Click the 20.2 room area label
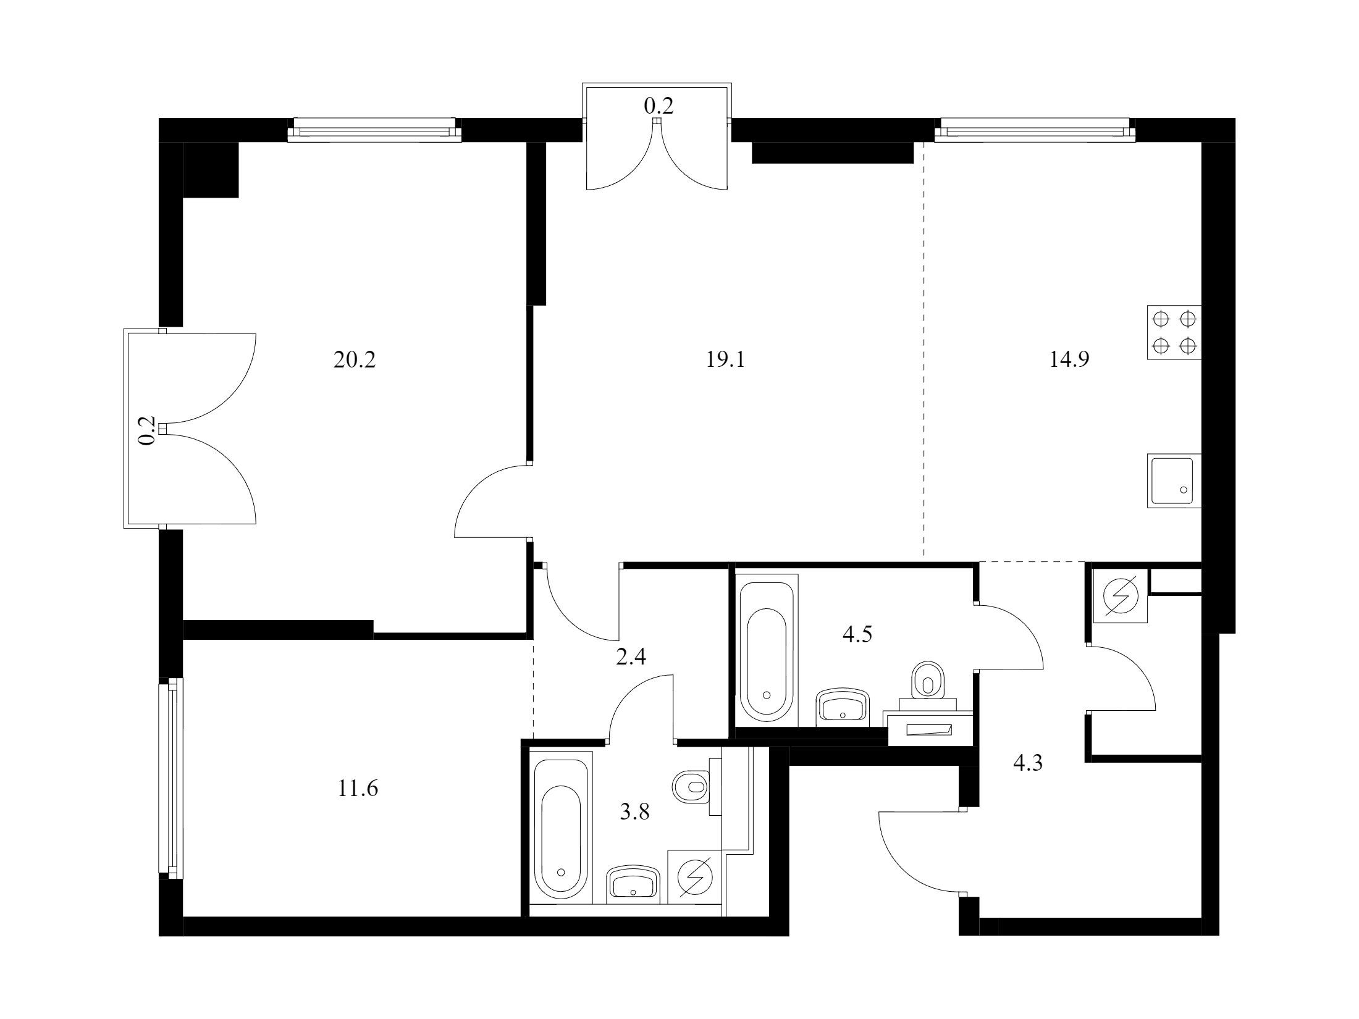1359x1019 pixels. point(355,359)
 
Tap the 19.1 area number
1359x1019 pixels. point(726,359)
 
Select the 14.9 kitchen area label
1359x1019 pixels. point(1069,359)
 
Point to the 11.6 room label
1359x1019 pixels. point(358,789)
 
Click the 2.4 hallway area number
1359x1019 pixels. point(631,656)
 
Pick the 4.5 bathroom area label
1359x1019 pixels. point(857,634)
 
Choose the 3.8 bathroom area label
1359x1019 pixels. point(635,812)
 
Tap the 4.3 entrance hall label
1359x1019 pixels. point(1028,764)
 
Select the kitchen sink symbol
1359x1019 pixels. point(1174,480)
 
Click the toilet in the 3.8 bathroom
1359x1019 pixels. point(696,787)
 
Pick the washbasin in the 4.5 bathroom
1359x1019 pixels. point(843,707)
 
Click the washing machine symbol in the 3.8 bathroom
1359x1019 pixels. point(694,878)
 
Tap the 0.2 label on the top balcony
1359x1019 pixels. point(658,106)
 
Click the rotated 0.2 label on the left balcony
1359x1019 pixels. point(146,430)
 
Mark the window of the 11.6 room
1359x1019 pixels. point(171,778)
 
